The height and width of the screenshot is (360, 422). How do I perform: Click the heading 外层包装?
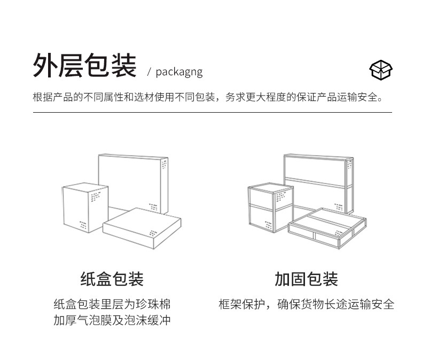pyautogui.click(x=84, y=66)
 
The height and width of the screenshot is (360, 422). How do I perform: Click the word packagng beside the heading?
pyautogui.click(x=179, y=72)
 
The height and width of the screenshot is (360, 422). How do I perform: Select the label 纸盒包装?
pyautogui.click(x=112, y=279)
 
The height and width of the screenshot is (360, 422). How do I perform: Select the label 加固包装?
pyautogui.click(x=306, y=279)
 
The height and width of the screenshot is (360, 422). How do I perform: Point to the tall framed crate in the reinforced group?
pyautogui.click(x=318, y=179)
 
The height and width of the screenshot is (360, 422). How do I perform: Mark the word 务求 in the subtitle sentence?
pyautogui.click(x=235, y=98)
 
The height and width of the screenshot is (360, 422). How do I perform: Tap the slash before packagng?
pyautogui.click(x=150, y=72)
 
